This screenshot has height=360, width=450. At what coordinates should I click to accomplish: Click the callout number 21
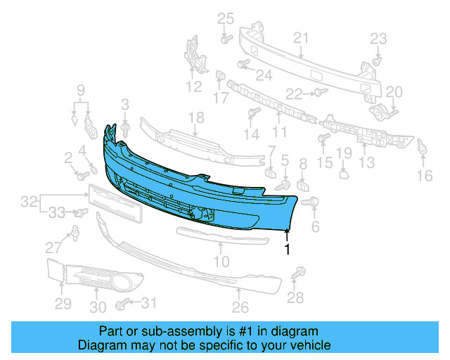pos(301,37)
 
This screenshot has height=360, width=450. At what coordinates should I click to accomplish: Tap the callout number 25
pos(224,18)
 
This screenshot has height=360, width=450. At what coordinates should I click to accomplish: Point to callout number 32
pos(28,202)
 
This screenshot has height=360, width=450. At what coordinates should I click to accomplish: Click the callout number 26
pos(240,307)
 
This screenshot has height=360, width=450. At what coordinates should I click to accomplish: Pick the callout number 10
pos(221,262)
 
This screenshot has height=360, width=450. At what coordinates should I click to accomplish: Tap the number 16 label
pos(425,176)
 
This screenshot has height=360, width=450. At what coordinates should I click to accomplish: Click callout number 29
pos(63,304)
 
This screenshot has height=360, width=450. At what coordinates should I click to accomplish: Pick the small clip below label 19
pos(343,172)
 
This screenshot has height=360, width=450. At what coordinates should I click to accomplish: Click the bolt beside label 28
pos(303,271)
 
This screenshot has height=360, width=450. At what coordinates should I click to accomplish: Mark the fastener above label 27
pos(74,231)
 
